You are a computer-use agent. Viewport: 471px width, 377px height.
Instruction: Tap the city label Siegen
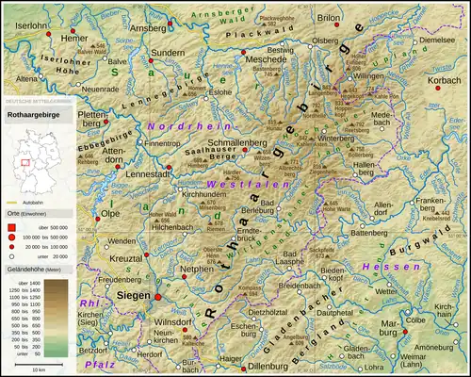point(132,294)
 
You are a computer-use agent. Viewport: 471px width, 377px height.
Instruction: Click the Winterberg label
point(336,138)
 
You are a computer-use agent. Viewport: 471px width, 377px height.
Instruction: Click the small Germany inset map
point(30,162)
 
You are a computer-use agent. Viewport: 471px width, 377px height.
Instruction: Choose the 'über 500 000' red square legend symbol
point(12,226)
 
